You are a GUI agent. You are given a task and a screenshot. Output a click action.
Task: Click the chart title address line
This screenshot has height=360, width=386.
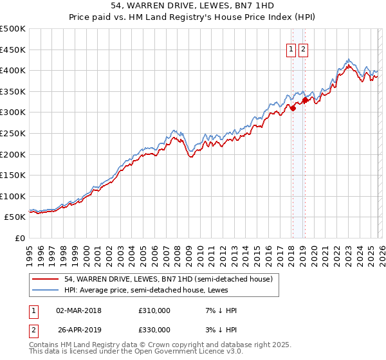(x=193, y=6)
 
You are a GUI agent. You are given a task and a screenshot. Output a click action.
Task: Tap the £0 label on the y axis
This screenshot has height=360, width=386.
(x=20, y=238)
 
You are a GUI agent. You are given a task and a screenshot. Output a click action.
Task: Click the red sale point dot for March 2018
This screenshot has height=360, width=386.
(x=292, y=108)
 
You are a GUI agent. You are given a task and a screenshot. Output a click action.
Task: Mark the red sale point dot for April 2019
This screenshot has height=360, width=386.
(x=305, y=100)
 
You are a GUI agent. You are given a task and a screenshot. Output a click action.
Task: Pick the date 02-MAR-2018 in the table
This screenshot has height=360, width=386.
(x=78, y=310)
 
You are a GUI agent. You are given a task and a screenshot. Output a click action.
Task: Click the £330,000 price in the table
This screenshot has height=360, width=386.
(x=154, y=330)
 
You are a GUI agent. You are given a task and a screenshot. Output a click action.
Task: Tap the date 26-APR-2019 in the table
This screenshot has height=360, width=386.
(x=78, y=330)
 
